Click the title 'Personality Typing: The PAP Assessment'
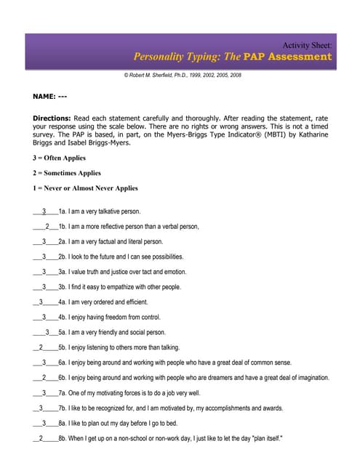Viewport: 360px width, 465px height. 232,57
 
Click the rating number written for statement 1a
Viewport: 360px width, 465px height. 44,211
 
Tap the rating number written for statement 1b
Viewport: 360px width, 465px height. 47,227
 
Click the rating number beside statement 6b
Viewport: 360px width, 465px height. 44,378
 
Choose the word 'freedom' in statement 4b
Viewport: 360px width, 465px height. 117,318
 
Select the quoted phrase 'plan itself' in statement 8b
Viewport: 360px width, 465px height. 264,438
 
